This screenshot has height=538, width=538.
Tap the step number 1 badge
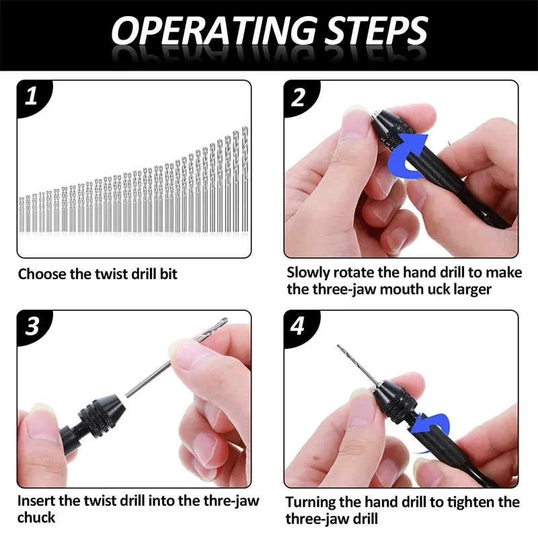[30, 97]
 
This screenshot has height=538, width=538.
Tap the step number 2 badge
[299, 97]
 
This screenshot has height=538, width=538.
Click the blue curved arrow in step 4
[430, 425]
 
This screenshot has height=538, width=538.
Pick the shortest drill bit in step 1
[21, 215]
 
